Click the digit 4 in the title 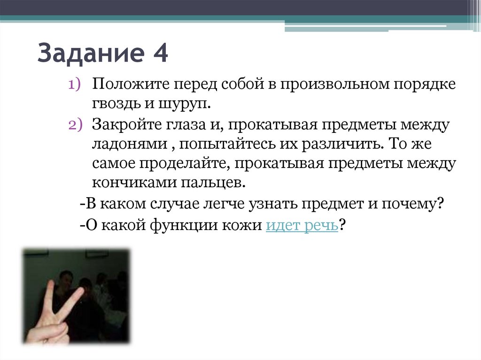pos(159,53)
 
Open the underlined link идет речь pos(302,225)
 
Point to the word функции pos(181,225)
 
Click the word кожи pos(242,225)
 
